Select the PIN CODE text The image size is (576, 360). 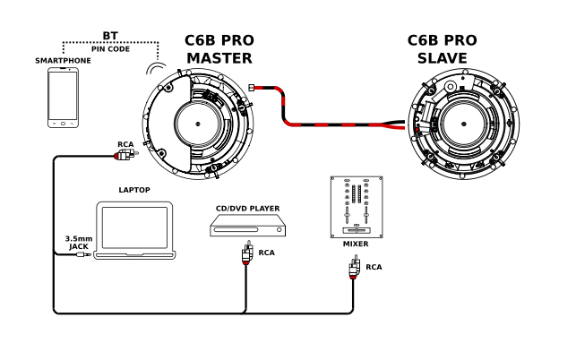[x=110, y=48]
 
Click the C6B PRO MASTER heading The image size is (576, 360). [x=218, y=48]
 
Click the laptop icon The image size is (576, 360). [x=133, y=232]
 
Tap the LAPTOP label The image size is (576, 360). [x=133, y=190]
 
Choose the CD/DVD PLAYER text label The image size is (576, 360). [x=247, y=209]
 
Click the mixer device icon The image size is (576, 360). [x=355, y=207]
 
